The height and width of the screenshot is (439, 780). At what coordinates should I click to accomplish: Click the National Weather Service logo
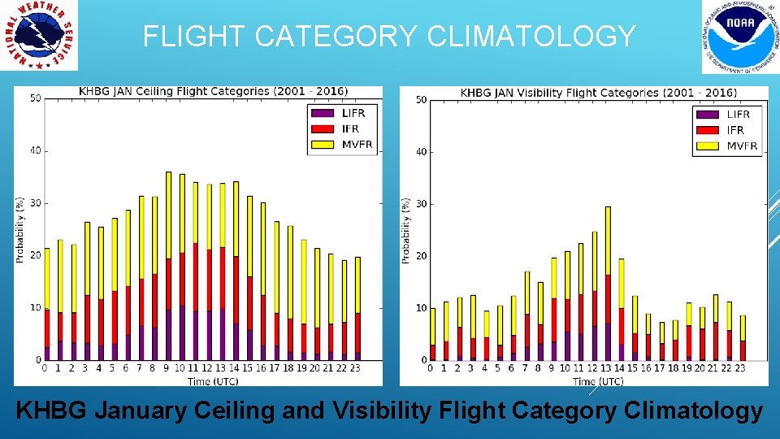pos(40,36)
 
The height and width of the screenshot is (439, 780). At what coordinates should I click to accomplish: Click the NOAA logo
pos(734,37)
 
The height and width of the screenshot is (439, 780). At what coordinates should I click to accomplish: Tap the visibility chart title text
pos(599,93)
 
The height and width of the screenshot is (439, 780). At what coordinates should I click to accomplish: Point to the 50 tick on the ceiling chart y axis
pos(35,98)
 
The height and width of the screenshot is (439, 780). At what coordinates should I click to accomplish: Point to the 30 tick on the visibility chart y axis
pos(421,204)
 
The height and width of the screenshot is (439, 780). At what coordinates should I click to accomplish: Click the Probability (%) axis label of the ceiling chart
pos(20,228)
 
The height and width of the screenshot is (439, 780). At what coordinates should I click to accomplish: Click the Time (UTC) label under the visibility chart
pos(599,381)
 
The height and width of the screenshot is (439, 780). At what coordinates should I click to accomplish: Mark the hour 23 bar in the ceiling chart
pos(357,309)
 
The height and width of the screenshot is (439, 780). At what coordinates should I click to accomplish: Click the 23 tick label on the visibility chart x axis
pos(739,368)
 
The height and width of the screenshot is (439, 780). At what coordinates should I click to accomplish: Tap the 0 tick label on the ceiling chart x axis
pos(45,368)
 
